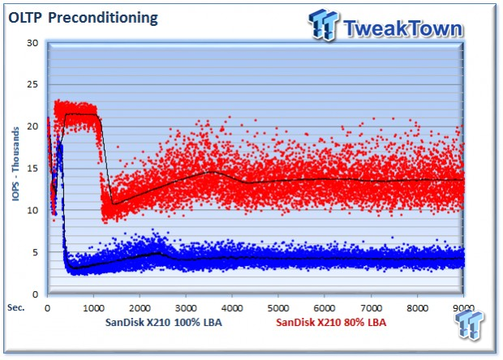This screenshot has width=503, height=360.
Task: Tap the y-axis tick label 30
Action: tap(32, 42)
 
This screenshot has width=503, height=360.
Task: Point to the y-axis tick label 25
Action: tap(32, 84)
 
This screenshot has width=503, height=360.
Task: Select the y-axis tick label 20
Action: tap(32, 126)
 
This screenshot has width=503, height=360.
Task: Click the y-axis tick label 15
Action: tap(32, 169)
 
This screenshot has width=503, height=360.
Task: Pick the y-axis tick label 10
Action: tap(32, 211)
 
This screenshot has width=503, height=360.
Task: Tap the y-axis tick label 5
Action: tap(34, 252)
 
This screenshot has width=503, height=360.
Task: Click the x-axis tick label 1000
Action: tap(93, 308)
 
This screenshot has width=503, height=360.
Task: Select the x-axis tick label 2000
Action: tap(140, 308)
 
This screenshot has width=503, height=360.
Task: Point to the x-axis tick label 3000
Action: tap(186, 308)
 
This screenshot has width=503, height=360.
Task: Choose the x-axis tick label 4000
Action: tap(232, 308)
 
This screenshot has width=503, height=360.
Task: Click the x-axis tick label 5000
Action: tap(278, 308)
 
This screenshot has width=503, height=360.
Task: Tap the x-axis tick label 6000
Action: tap(325, 308)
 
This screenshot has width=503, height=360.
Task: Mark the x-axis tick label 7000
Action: tap(371, 308)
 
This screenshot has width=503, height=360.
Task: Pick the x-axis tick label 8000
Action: tap(417, 308)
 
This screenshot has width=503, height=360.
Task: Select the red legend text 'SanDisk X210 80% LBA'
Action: tap(331, 324)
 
